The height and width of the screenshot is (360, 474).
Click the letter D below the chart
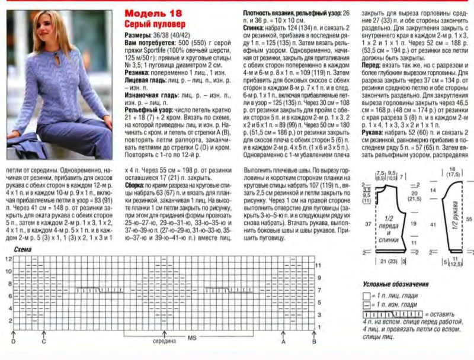[12, 342]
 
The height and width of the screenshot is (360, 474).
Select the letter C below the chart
[43, 342]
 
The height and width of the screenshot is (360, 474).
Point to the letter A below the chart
[283, 342]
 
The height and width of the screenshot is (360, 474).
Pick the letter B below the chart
[314, 342]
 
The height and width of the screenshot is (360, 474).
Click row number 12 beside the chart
[8, 260]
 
